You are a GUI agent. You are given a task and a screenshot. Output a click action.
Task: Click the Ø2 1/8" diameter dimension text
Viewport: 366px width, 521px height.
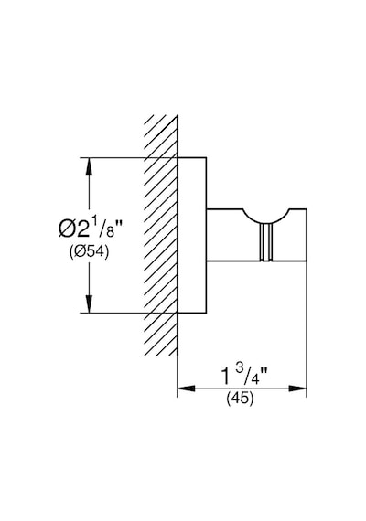89,228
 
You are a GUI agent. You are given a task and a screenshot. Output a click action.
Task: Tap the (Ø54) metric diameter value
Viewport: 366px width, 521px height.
89,252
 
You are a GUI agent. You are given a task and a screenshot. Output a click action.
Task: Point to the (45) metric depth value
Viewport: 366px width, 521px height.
240,398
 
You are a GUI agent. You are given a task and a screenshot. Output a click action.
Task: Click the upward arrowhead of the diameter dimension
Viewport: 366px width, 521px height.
89,166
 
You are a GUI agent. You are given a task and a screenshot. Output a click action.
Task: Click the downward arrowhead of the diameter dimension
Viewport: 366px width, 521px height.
89,304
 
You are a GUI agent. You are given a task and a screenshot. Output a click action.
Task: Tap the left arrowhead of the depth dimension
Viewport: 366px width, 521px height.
187,388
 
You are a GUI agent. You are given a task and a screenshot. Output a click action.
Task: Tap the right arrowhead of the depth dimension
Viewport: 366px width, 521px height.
297,388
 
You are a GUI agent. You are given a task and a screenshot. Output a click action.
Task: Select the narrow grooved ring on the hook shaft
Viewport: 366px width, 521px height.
266,242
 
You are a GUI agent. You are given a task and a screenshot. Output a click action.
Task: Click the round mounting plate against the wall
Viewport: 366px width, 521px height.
191,235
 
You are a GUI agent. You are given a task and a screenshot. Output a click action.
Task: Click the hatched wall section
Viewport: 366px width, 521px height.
161,235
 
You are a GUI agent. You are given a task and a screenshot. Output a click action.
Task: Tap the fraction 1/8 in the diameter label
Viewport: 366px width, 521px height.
102,227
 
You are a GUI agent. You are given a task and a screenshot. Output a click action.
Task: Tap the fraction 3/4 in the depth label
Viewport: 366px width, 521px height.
245,374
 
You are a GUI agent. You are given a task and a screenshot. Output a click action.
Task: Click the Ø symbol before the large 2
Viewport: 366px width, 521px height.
66,229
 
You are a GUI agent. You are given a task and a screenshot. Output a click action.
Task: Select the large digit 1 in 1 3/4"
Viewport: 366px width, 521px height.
226,377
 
